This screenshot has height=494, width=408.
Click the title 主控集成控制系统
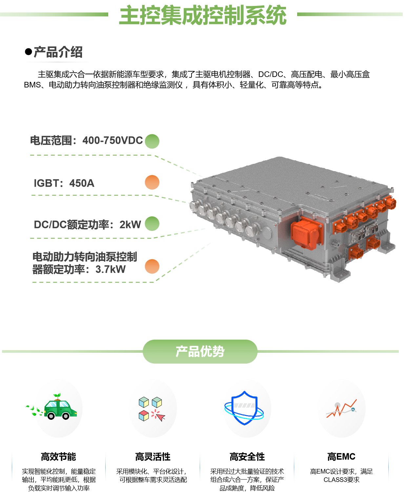(203, 15)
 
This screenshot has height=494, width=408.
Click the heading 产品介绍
(58, 52)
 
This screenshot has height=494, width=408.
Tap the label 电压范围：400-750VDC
(86, 141)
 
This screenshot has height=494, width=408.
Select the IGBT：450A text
(64, 183)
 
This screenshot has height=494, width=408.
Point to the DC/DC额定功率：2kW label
(87, 224)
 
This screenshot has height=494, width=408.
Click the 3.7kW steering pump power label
(84, 263)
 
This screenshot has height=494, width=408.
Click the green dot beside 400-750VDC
(152, 141)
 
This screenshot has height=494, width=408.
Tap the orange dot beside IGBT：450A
(152, 182)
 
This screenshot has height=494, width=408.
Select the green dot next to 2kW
(152, 224)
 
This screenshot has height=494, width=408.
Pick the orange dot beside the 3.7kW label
(152, 266)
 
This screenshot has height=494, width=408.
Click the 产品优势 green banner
(200, 351)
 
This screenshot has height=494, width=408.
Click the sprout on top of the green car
(57, 396)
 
